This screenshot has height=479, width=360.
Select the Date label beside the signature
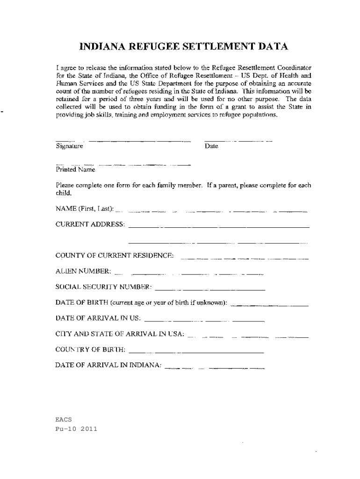point(211,146)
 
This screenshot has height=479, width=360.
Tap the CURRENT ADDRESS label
point(90,225)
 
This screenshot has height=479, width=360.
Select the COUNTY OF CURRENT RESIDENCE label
point(115,255)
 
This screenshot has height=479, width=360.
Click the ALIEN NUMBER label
point(83,271)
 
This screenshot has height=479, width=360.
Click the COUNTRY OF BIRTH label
point(90,349)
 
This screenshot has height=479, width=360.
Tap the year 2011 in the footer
point(88,428)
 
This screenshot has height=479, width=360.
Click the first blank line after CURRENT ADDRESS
point(219,227)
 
